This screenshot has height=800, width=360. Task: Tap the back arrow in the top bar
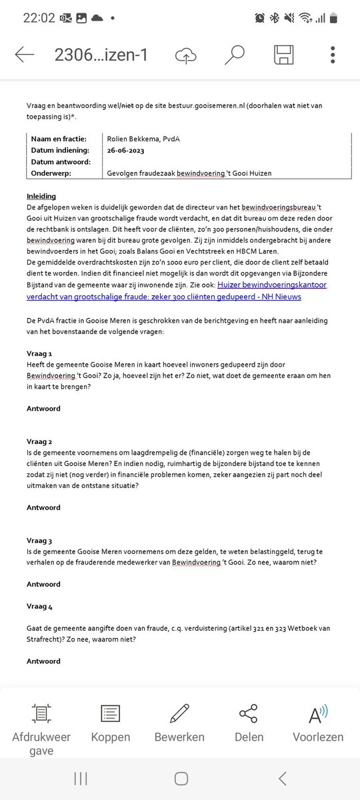24,55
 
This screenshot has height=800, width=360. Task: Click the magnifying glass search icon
234,55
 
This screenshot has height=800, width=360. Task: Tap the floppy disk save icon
283,55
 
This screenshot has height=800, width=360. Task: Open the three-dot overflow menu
333,55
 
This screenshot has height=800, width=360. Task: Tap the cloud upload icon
185,56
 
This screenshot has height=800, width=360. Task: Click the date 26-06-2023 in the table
129,150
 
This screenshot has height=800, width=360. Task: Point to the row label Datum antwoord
62,161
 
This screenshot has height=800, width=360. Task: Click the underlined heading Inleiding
41,197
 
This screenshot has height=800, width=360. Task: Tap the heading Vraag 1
39,353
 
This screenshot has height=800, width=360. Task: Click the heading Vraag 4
40,606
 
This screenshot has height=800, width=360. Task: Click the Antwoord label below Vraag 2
43,507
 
